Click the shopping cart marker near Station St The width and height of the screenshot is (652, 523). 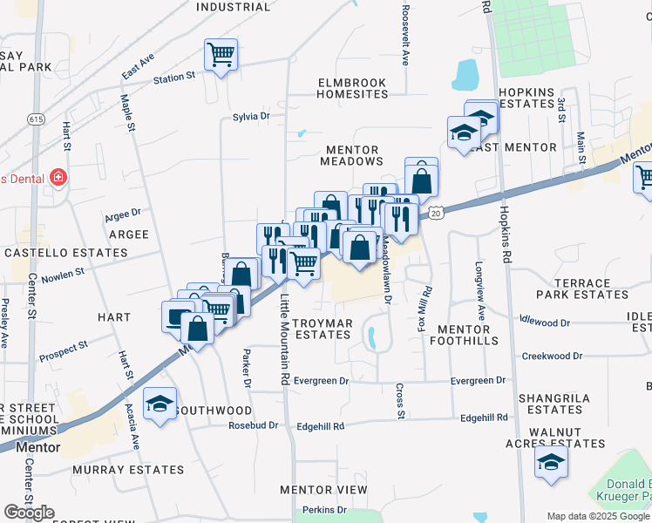pyautogui.click(x=221, y=55)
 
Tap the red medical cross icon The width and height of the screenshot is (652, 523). pyautogui.click(x=58, y=178)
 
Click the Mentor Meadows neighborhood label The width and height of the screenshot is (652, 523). pyautogui.click(x=351, y=155)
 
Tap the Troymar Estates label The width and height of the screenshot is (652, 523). pyautogui.click(x=322, y=329)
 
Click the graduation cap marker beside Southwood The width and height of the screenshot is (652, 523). pyautogui.click(x=160, y=404)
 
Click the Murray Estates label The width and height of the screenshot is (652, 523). pyautogui.click(x=128, y=470)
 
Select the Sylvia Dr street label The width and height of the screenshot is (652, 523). pyautogui.click(x=252, y=116)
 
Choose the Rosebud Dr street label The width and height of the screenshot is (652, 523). pyautogui.click(x=253, y=425)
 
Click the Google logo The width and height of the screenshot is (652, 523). pyautogui.click(x=29, y=513)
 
